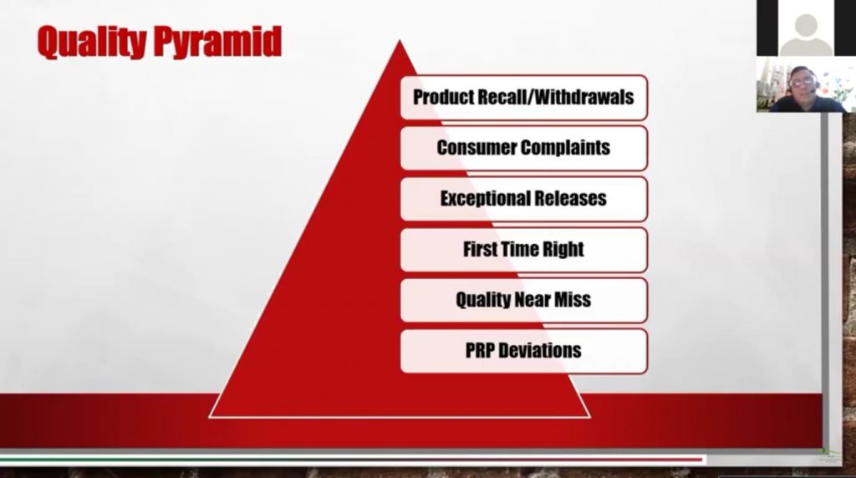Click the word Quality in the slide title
pyautogui.click(x=92, y=42)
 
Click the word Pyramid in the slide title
pyautogui.click(x=217, y=42)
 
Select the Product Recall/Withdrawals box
pyautogui.click(x=524, y=98)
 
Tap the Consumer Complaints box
pyautogui.click(x=524, y=148)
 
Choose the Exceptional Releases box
pyautogui.click(x=524, y=199)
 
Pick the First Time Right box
pyautogui.click(x=524, y=249)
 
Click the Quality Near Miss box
pyautogui.click(x=524, y=300)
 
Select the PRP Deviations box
pyautogui.click(x=524, y=351)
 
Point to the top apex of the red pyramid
pyautogui.click(x=400, y=40)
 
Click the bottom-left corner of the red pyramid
pyautogui.click(x=210, y=418)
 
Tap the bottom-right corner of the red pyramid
pyautogui.click(x=589, y=418)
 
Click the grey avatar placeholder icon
pyautogui.click(x=805, y=34)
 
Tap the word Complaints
pyautogui.click(x=565, y=148)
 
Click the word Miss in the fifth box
pyautogui.click(x=573, y=299)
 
